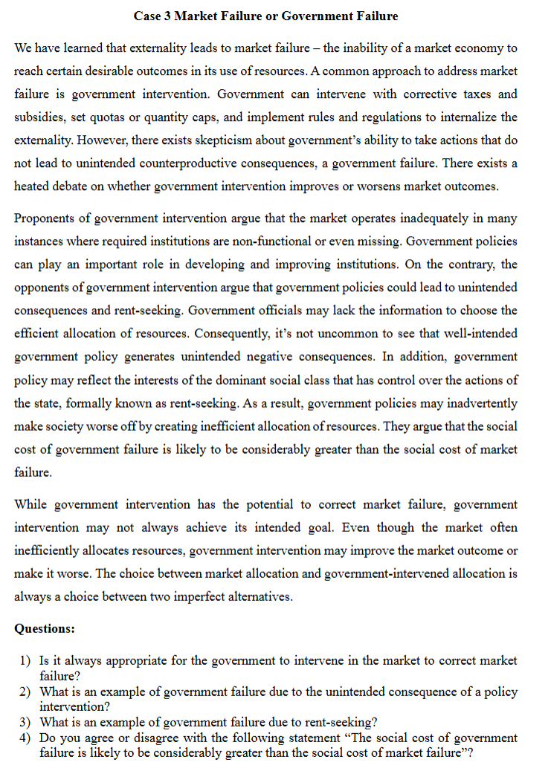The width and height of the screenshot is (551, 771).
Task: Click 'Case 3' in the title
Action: [x=152, y=16]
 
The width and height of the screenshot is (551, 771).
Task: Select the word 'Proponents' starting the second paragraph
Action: [x=44, y=219]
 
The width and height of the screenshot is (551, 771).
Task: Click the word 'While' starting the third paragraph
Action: [x=30, y=505]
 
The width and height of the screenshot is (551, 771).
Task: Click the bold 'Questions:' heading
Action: [x=45, y=629]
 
